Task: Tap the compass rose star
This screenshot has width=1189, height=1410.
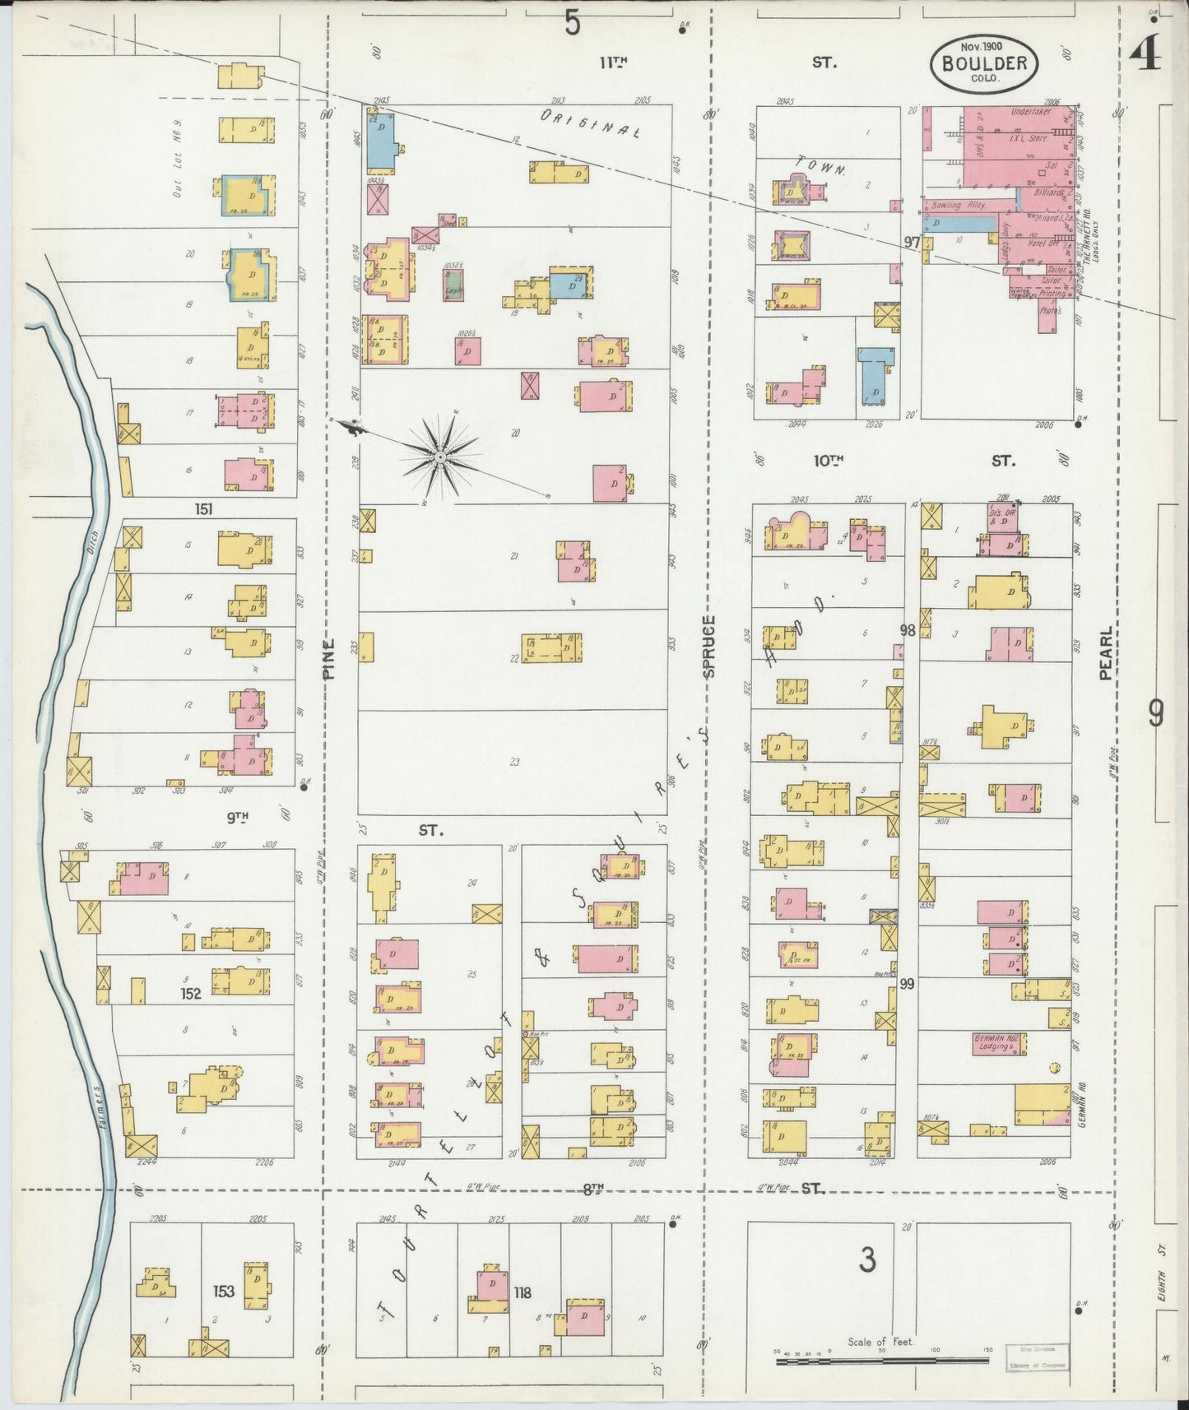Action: coord(441,456)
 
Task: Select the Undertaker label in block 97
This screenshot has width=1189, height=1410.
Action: coord(1030,112)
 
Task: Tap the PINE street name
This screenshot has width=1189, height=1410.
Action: coord(329,658)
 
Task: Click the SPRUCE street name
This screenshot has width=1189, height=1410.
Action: coord(710,646)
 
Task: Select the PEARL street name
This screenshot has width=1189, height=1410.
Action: coord(1105,654)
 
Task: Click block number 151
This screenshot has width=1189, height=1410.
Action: coord(203,509)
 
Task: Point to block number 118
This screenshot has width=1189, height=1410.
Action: coord(523,1293)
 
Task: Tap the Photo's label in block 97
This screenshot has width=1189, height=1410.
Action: coord(1050,311)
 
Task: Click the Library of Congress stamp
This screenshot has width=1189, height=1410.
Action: coord(1038,1357)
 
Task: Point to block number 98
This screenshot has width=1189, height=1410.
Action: coord(908,630)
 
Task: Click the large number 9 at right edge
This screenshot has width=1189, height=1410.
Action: coord(1155,714)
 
